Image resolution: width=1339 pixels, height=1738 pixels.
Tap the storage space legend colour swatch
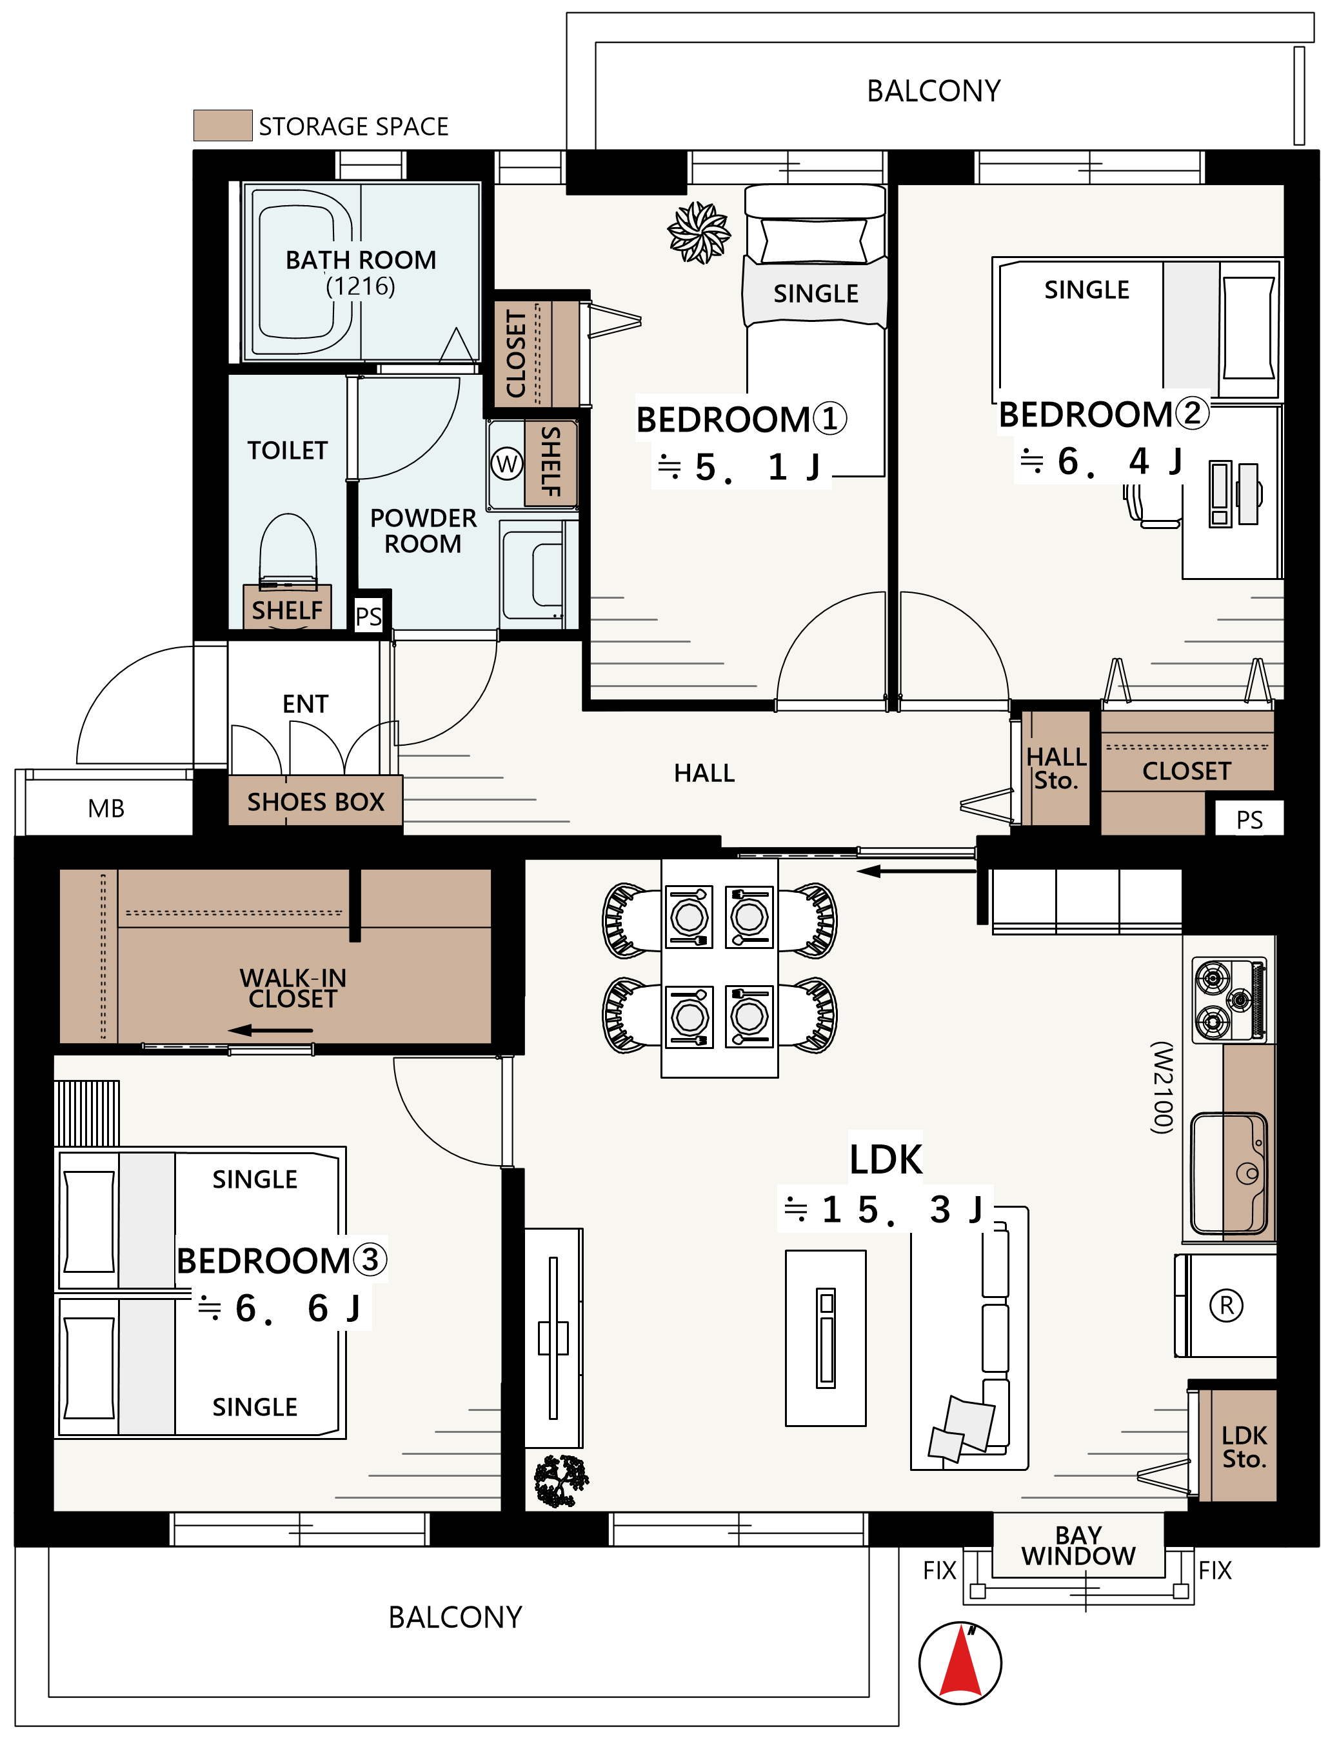click(x=223, y=126)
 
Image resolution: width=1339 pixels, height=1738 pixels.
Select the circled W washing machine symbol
click(x=507, y=463)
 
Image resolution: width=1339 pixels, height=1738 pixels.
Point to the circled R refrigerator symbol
click(x=1226, y=1305)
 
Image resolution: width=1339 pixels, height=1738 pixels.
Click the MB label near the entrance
click(x=106, y=808)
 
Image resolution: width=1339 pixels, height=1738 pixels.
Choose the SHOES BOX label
click(x=316, y=801)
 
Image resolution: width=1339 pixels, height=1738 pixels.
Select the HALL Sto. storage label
click(x=1056, y=769)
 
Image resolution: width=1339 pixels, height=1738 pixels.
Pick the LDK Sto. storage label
click(x=1244, y=1447)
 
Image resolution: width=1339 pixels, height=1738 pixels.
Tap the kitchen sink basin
click(x=1229, y=1174)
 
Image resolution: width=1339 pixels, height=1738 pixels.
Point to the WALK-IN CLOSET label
click(x=293, y=988)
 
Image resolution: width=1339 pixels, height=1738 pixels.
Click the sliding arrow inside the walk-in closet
click(x=270, y=1030)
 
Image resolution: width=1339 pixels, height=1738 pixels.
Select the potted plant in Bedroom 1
click(x=699, y=232)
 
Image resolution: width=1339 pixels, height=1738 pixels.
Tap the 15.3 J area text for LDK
click(x=884, y=1210)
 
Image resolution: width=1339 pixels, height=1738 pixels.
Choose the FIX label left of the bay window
click(x=940, y=1571)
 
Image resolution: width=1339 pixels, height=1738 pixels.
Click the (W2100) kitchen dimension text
click(x=1162, y=1087)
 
